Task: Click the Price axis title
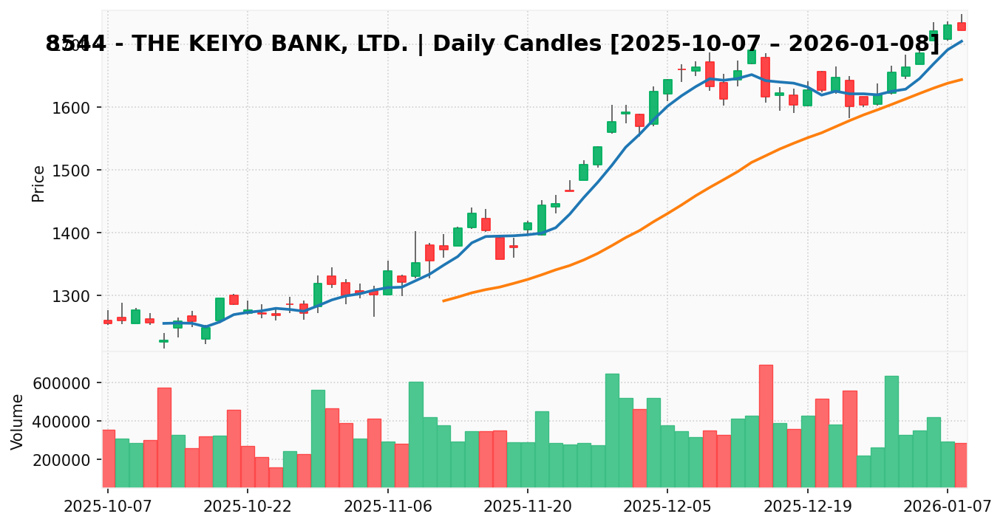click(x=38, y=183)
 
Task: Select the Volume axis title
click(x=18, y=421)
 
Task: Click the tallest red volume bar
click(x=766, y=426)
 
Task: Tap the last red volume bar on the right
click(x=961, y=465)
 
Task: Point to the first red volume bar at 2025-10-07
click(x=108, y=459)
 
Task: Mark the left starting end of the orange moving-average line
click(x=443, y=301)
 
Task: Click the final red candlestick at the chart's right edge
click(x=962, y=27)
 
